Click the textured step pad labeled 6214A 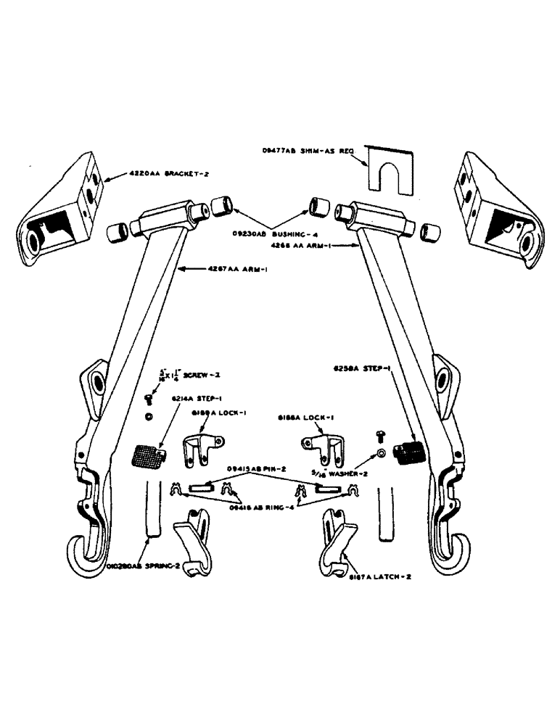[x=148, y=457]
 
